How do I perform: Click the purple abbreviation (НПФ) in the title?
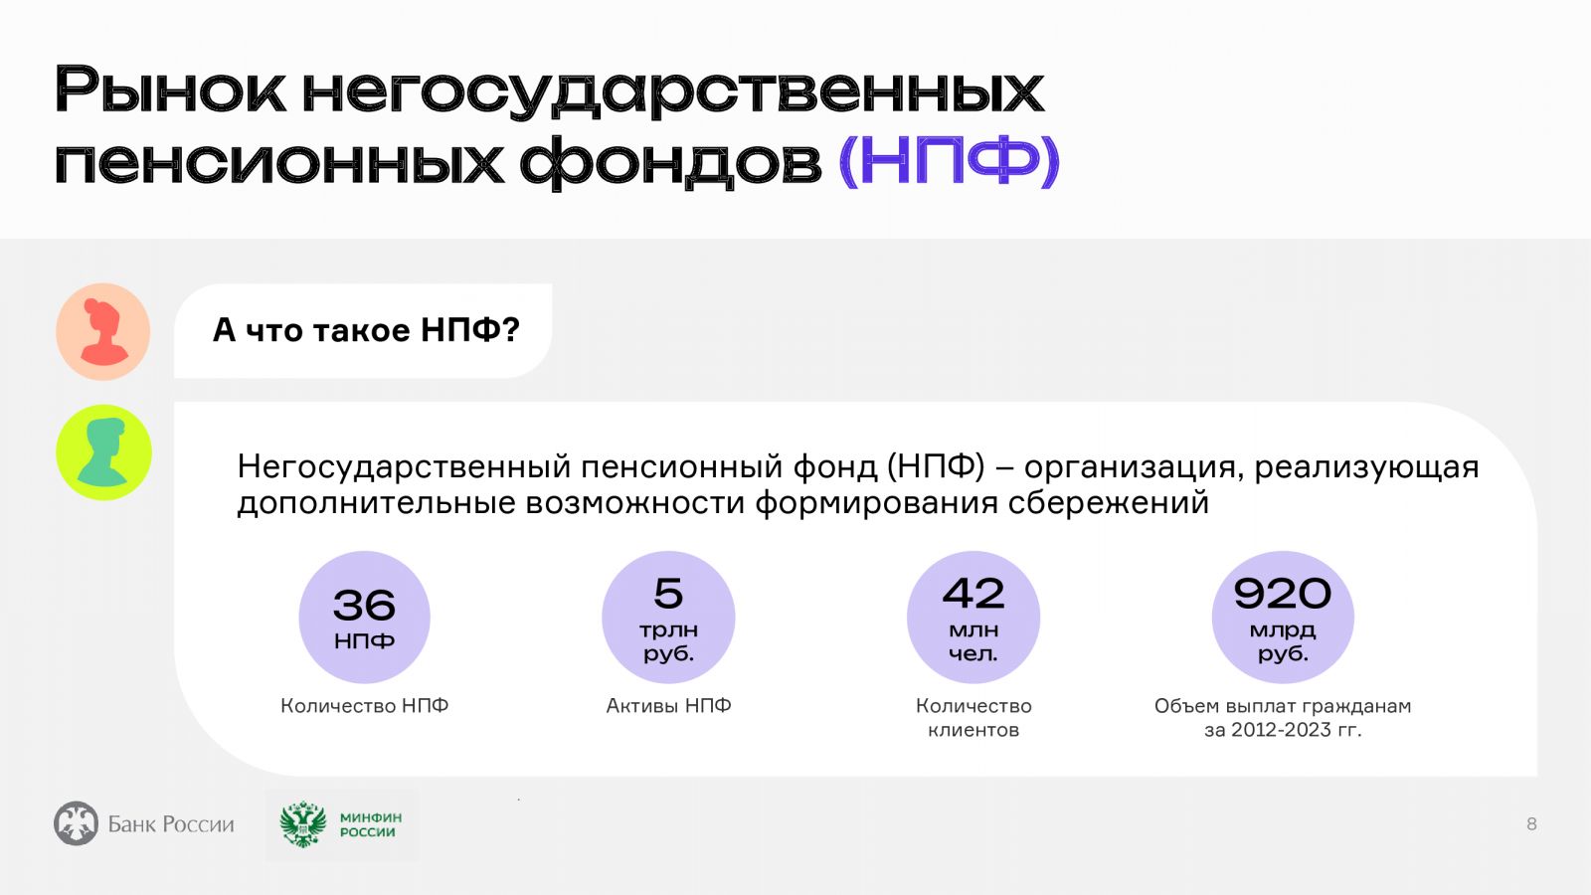tap(950, 161)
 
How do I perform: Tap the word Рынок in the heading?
tap(171, 90)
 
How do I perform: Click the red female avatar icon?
tap(103, 332)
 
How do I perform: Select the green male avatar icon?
tap(104, 452)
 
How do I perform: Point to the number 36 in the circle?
tap(364, 606)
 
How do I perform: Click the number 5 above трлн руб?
tap(668, 593)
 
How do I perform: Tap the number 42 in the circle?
tap(973, 593)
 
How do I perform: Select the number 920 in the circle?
tap(1282, 593)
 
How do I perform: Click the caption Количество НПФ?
tap(364, 705)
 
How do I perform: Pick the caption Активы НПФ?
tap(668, 705)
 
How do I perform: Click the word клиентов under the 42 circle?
tap(973, 730)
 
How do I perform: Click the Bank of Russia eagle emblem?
tap(76, 823)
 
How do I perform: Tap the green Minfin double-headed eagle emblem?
tap(303, 824)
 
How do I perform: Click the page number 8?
tap(1531, 824)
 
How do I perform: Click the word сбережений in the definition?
tap(1108, 503)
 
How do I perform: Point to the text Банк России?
tap(171, 824)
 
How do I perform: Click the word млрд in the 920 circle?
tap(1283, 629)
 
